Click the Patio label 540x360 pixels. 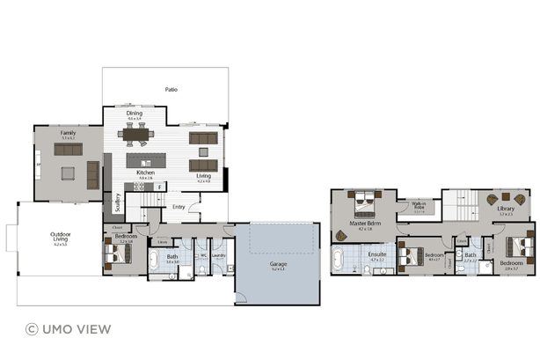click(x=171, y=90)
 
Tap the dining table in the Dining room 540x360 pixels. click(x=135, y=134)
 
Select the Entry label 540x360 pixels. click(x=179, y=207)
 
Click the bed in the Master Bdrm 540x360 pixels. click(x=361, y=209)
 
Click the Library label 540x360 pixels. click(x=506, y=209)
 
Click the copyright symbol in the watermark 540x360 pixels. click(x=32, y=329)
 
